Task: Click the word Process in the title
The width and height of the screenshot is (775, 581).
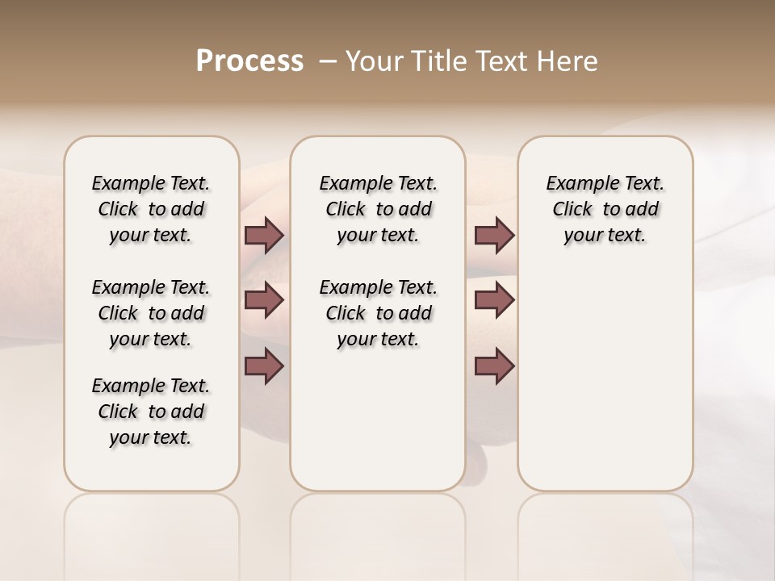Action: [249, 61]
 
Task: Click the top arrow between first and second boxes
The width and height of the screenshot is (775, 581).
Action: [264, 235]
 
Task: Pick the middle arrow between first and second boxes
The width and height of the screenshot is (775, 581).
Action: [264, 300]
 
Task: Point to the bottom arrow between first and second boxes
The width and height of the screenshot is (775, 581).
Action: [264, 366]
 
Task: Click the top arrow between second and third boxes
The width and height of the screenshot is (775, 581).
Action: [494, 235]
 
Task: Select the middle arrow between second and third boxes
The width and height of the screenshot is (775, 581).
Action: [494, 300]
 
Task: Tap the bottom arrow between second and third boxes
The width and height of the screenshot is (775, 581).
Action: [494, 366]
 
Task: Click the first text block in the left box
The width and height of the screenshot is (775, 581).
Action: [151, 209]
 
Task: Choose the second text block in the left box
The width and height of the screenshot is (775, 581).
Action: [151, 313]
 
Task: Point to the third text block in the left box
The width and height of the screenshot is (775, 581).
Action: [151, 412]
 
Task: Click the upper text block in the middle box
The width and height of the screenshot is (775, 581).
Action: [378, 209]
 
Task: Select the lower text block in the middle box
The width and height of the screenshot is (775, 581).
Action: [378, 313]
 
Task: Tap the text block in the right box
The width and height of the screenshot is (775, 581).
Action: [605, 209]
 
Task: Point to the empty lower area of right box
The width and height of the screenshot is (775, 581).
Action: [605, 387]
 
